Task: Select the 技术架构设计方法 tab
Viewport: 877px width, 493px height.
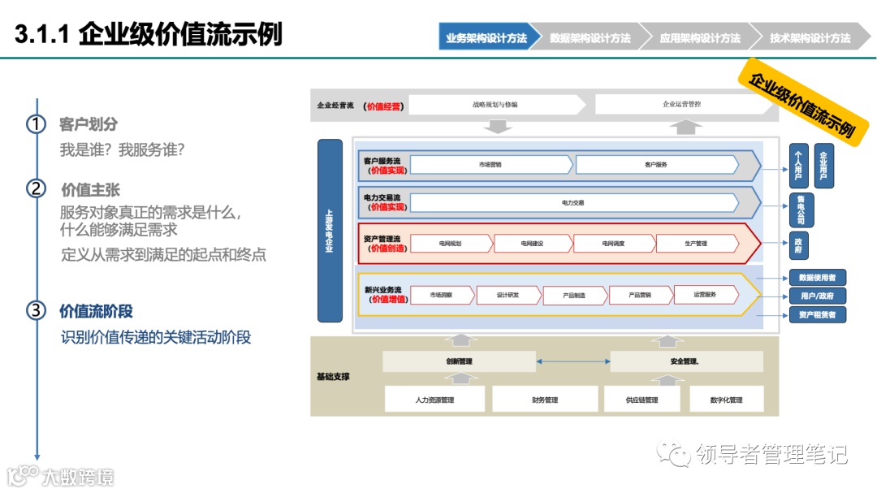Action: pos(810,38)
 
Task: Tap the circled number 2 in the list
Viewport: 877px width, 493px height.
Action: pos(36,189)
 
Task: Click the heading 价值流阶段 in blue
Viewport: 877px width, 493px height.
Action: pos(96,311)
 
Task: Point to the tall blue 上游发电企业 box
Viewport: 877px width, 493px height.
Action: pos(330,230)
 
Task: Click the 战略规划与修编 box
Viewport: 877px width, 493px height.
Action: pos(495,105)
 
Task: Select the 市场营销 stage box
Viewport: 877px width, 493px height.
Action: pos(490,165)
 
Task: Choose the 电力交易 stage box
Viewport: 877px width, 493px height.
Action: pos(572,202)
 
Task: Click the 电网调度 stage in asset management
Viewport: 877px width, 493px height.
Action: pos(612,244)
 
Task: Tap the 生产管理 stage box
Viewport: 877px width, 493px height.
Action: pos(696,244)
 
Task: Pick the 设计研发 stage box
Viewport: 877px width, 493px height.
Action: pos(508,295)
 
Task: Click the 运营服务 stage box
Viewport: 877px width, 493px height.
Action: pos(705,295)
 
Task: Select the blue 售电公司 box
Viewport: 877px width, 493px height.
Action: pos(801,210)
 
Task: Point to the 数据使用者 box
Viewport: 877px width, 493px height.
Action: pos(817,278)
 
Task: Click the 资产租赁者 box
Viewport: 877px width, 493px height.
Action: pos(817,314)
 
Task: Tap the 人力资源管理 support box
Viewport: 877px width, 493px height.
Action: pos(434,400)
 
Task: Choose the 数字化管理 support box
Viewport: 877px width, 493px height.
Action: pos(726,400)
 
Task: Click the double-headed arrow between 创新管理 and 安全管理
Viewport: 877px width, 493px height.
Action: pos(572,361)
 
